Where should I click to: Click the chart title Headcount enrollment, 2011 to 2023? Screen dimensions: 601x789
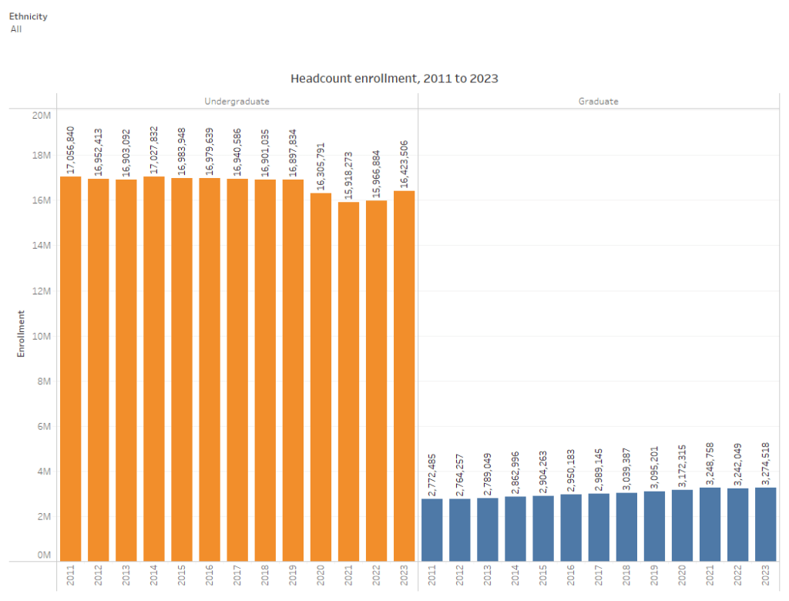pos(394,79)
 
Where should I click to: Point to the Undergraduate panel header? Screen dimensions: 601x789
pos(237,101)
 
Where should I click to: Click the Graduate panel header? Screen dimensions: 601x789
pos(598,101)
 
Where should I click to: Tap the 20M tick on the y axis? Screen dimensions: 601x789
pos(40,116)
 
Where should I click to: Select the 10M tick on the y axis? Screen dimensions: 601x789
pos(40,336)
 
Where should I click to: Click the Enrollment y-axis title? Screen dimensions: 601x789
pos(22,333)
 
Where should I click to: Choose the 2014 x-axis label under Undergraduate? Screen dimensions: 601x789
pos(154,576)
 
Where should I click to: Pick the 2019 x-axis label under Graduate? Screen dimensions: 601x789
pos(654,576)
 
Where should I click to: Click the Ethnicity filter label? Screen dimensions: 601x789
pos(28,16)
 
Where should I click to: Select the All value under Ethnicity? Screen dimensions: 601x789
pos(16,29)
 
